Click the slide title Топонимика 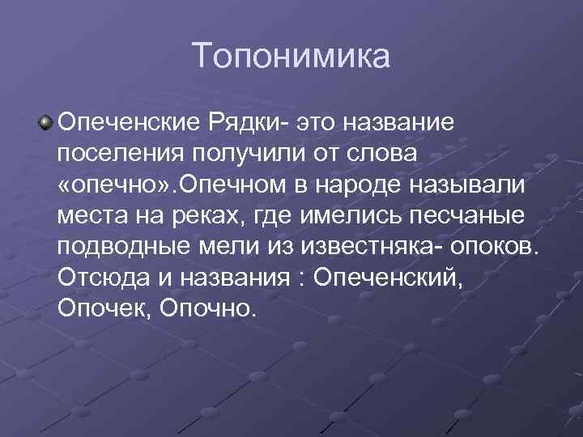pyautogui.click(x=291, y=56)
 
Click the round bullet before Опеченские pyautogui.click(x=46, y=122)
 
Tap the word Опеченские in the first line pyautogui.click(x=118, y=124)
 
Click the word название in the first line pyautogui.click(x=401, y=124)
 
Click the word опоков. pyautogui.click(x=493, y=247)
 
